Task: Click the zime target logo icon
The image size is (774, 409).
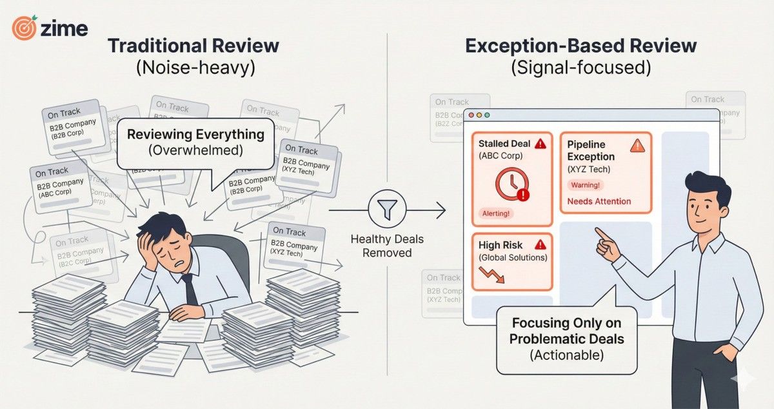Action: coord(25,29)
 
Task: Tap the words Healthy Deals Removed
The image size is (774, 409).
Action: coord(386,246)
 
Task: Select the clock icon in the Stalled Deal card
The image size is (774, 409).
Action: coord(512,185)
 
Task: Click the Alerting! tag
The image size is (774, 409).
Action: coord(495,213)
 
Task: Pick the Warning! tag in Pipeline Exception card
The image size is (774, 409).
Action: coord(584,185)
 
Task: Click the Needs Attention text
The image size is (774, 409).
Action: coord(599,201)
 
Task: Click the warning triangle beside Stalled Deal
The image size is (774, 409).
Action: coord(541,144)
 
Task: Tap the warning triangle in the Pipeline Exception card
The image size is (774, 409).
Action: coord(637,145)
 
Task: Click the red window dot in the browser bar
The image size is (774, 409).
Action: coord(471,115)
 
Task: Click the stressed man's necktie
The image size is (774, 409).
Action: coord(192,290)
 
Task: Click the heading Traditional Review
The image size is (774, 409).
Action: coord(193,46)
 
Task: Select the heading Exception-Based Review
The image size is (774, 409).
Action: coord(580,46)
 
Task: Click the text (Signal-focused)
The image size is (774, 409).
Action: coord(580,69)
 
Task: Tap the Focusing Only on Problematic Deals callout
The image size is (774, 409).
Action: coord(567,338)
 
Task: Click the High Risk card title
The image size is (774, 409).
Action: coord(501,245)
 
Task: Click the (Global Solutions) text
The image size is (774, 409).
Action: coord(512,257)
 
